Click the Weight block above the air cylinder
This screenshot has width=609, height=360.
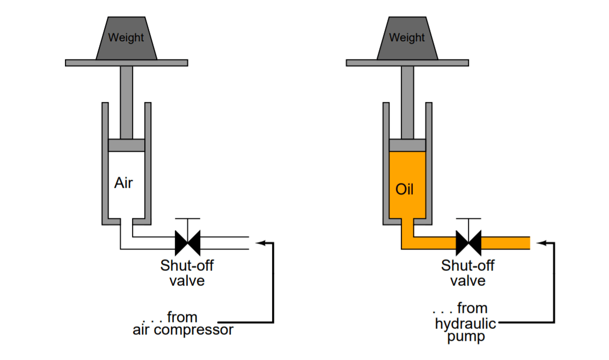tap(126, 38)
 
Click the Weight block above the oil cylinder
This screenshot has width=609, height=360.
tap(407, 38)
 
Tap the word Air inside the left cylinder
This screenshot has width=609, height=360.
tap(123, 183)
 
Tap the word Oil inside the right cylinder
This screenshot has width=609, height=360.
tap(404, 189)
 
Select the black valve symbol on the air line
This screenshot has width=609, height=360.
tap(187, 243)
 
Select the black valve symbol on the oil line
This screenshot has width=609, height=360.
tap(468, 243)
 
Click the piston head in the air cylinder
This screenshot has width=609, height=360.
tap(126, 145)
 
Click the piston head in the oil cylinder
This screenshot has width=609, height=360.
tap(407, 145)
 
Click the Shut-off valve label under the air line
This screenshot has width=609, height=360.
tap(187, 273)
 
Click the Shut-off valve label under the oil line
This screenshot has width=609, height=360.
tap(468, 273)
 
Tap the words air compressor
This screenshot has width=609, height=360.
tap(183, 329)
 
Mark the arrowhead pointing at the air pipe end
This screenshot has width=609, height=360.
tap(260, 243)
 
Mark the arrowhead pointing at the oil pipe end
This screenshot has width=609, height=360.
tap(541, 243)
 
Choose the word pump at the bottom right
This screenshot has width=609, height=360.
tap(465, 337)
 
